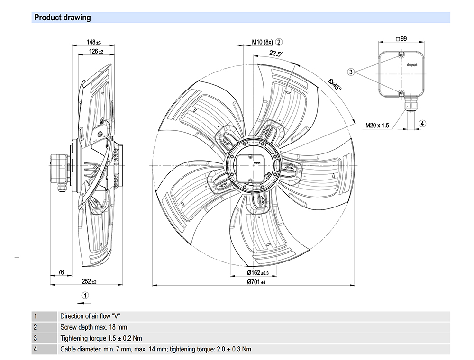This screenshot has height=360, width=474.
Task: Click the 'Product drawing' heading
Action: [x=63, y=18]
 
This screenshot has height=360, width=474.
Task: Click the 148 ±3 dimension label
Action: [x=94, y=43]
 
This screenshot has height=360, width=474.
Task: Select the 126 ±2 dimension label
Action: [x=97, y=51]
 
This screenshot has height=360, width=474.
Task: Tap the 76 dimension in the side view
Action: [x=61, y=272]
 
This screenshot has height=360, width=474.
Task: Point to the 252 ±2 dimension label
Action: [x=89, y=281]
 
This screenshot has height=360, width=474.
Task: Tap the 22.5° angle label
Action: [x=276, y=54]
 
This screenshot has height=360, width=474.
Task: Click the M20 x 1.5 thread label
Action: [x=377, y=126]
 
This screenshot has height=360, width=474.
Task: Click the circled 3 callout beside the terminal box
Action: [x=351, y=72]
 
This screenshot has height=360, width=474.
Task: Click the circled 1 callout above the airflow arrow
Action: [x=85, y=295]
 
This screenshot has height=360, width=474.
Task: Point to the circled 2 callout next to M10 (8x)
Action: [x=280, y=42]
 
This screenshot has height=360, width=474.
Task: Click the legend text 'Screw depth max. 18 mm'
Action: [x=93, y=327]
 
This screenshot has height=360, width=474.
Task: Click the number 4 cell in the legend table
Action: [x=35, y=349]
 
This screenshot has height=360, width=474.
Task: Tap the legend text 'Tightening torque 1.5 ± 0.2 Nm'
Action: [x=101, y=338]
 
